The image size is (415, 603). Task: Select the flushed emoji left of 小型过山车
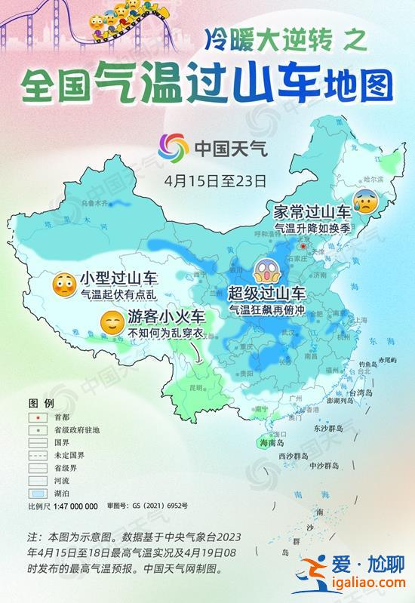(63, 284)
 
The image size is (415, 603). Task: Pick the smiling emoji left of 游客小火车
(112, 322)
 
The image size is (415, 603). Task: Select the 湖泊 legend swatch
(35, 492)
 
